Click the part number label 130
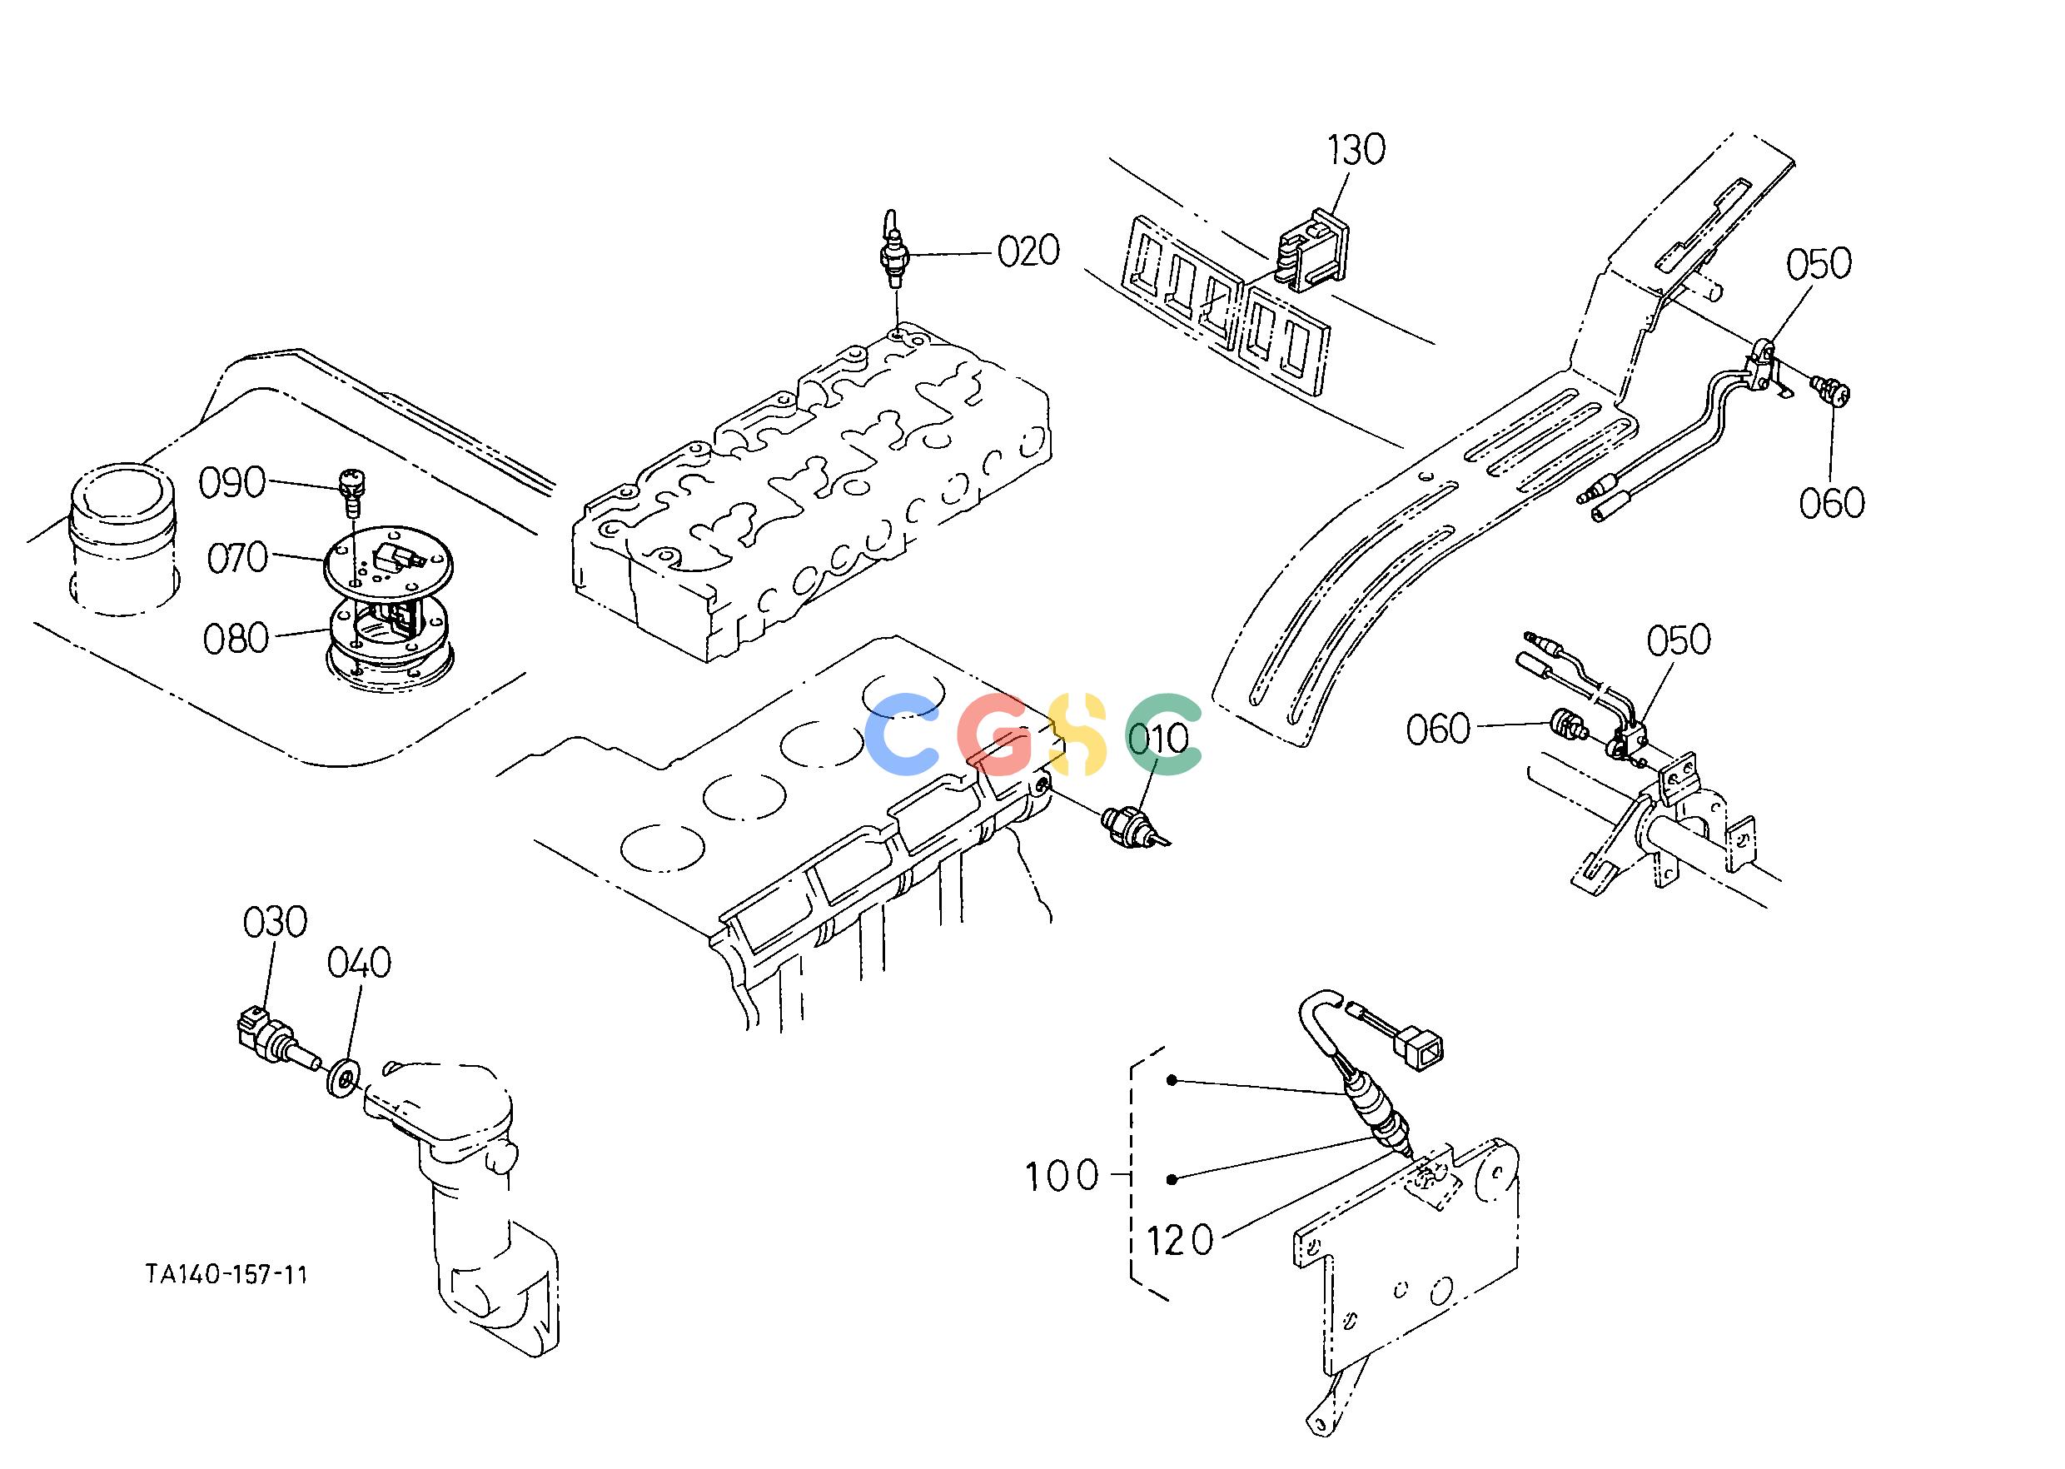(1356, 151)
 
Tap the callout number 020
(1028, 251)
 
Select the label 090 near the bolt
(232, 483)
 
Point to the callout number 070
(238, 558)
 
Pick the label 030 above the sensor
(275, 923)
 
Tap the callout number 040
(359, 964)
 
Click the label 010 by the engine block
(1159, 739)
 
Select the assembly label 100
(1061, 1177)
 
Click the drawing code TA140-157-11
(226, 1274)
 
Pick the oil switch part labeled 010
(1135, 827)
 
